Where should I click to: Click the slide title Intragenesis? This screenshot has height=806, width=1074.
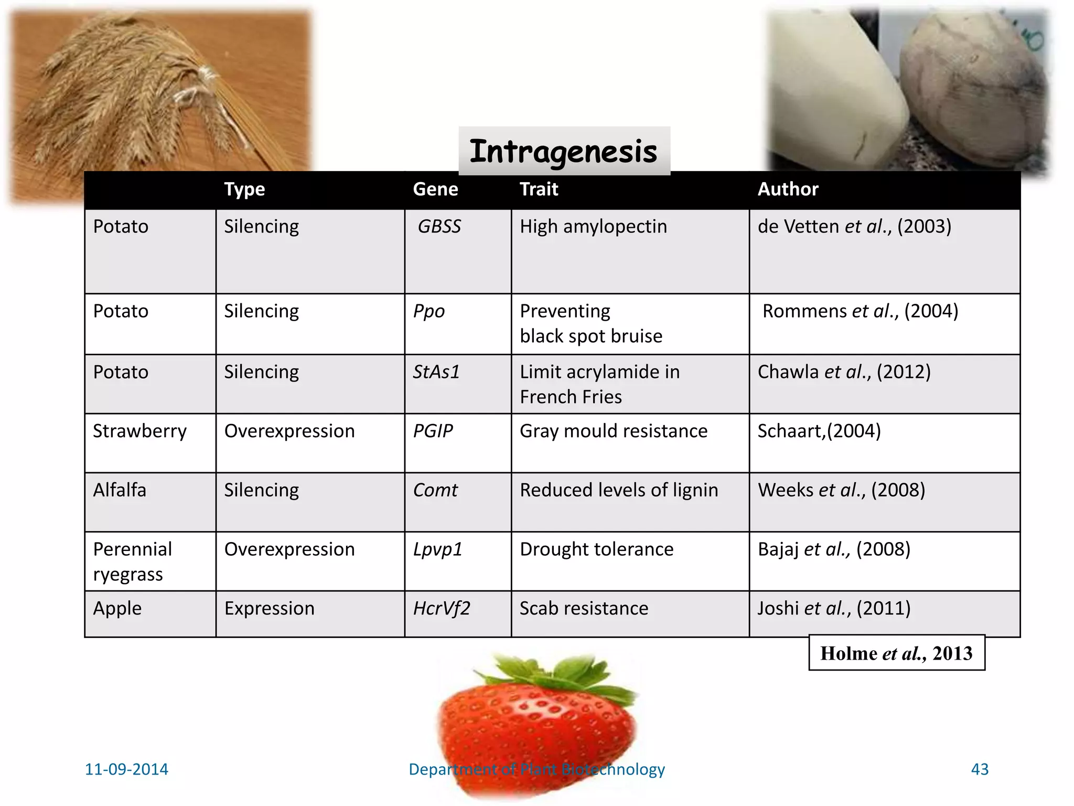pos(564,151)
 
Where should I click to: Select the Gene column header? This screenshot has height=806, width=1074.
pos(435,189)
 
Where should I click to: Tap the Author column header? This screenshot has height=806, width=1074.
pos(788,189)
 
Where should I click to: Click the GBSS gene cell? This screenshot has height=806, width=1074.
pos(439,227)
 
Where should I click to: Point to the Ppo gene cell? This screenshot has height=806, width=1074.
pos(429,311)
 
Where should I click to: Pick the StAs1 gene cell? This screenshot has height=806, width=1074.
pos(436,372)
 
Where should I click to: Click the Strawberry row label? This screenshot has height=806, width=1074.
pos(139,431)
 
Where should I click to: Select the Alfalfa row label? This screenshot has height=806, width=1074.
pos(120,490)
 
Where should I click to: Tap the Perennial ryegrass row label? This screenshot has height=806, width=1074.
pos(132,561)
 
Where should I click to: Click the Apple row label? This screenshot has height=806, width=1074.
pos(117,609)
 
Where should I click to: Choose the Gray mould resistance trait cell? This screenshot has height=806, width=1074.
pos(614,431)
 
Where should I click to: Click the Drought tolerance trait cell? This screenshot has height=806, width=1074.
pos(597,549)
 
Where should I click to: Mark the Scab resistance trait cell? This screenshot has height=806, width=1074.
pos(584,609)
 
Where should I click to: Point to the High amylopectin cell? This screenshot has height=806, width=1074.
pos(594,227)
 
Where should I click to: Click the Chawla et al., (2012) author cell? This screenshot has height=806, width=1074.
pos(844,372)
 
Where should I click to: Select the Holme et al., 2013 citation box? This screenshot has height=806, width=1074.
pos(897,653)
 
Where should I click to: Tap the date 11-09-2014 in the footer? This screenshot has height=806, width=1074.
pos(126,769)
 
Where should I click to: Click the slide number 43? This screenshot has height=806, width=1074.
pos(980,769)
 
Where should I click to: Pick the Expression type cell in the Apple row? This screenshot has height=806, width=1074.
pos(270,609)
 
